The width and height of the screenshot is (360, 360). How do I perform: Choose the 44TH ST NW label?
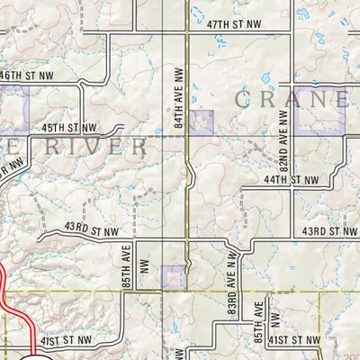point(292,180)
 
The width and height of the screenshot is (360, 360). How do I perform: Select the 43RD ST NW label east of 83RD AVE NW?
point(329,231)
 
